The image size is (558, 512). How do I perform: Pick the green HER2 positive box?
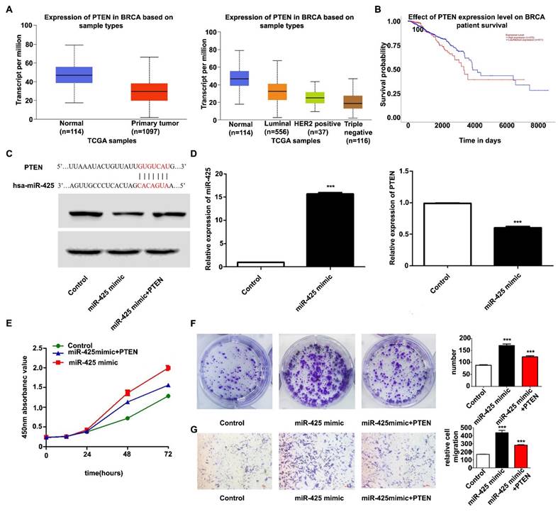310,97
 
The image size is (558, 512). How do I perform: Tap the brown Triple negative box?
347,101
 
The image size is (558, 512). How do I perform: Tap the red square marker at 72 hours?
168,367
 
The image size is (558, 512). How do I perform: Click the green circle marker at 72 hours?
168,396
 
